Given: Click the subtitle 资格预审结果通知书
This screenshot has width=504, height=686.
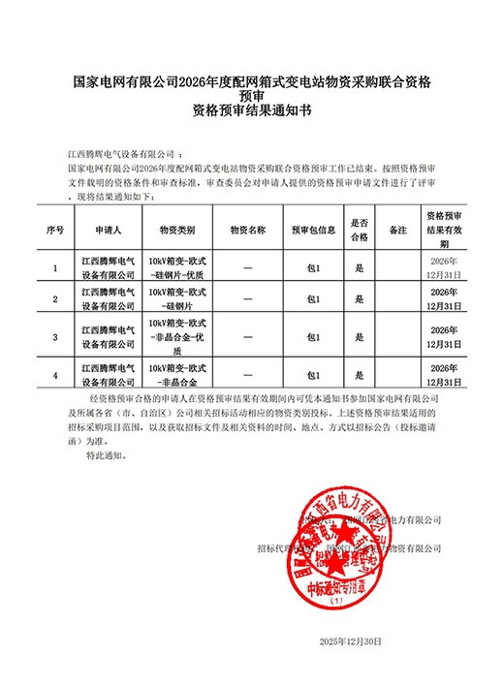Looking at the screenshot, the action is tap(252, 112).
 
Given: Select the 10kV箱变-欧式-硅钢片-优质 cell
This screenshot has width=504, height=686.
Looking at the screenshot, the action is tap(177, 267).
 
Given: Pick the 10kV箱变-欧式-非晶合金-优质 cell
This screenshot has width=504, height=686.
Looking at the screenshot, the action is tap(177, 336).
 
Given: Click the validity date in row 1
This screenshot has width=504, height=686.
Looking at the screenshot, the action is tap(444, 267).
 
